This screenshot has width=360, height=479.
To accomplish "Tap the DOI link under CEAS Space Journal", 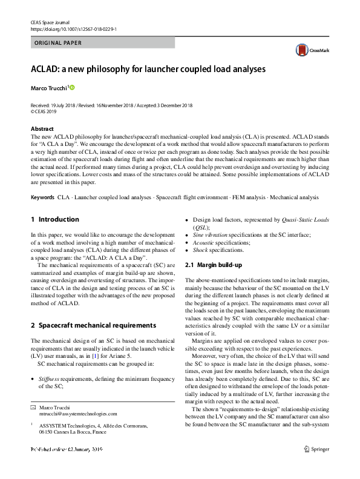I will (x=73, y=28).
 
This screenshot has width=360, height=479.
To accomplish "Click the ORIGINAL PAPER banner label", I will (x=59, y=43).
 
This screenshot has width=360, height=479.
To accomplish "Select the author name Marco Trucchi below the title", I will (x=49, y=88).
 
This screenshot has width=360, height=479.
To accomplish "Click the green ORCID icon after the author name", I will (x=73, y=88).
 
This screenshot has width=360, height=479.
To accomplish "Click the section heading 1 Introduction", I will (x=54, y=219).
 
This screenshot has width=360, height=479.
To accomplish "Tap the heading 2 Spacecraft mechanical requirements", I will (x=93, y=325).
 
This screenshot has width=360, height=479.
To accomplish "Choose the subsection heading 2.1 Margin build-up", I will (x=214, y=265).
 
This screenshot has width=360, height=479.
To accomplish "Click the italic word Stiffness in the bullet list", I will (x=51, y=378).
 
